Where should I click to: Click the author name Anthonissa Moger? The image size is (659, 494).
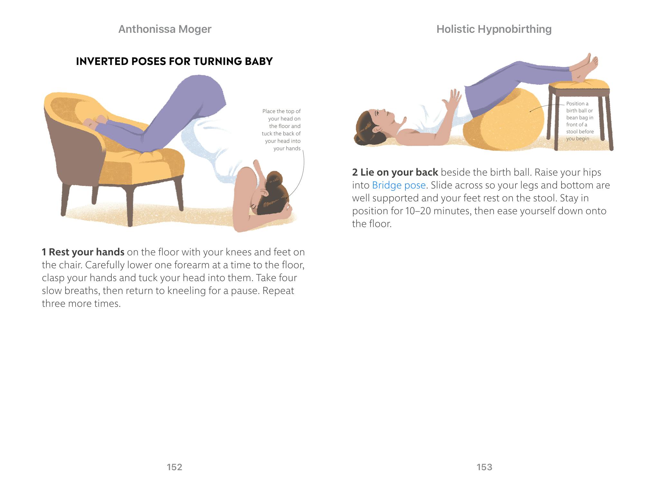click(x=165, y=29)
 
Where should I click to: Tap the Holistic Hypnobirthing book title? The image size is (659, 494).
click(x=494, y=29)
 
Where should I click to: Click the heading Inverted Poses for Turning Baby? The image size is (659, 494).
click(x=174, y=61)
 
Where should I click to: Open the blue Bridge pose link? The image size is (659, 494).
click(x=399, y=185)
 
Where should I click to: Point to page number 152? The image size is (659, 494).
click(x=174, y=467)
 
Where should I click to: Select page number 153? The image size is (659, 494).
click(x=484, y=467)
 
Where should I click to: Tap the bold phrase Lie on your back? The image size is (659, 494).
click(x=395, y=172)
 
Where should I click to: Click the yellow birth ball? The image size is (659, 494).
click(x=504, y=121)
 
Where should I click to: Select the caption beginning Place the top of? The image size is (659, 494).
click(x=281, y=130)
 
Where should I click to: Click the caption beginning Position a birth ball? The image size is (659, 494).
click(x=580, y=121)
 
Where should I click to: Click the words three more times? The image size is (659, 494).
click(x=81, y=303)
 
